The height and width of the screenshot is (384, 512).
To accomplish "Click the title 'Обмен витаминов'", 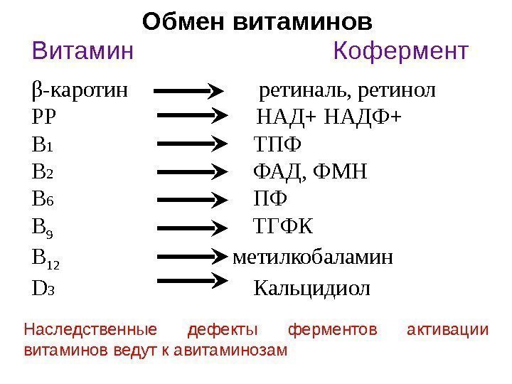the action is (257, 21).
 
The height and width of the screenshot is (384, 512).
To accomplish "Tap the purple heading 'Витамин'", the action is (82, 52).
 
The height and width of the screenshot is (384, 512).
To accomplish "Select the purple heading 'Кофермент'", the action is (401, 52).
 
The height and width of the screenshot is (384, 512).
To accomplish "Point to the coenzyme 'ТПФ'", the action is (277, 146).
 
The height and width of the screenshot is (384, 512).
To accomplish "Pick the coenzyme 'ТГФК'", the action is (282, 227).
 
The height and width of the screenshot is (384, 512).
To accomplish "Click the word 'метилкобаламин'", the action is (313, 257).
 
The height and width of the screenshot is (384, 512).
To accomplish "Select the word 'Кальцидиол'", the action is (311, 288).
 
